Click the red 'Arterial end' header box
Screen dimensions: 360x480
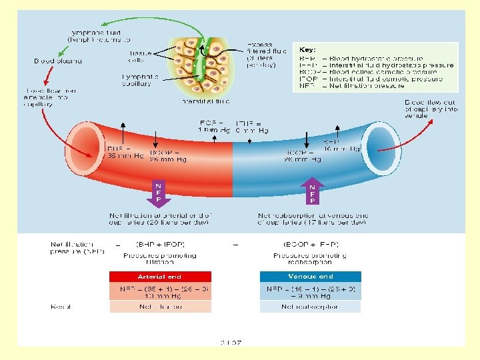click(160, 277)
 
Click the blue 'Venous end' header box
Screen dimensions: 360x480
click(310, 277)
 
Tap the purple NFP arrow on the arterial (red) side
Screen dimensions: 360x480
click(159, 191)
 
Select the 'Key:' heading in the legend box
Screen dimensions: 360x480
click(307, 49)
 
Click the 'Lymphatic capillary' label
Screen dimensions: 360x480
click(140, 81)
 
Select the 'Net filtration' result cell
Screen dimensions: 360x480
click(160, 307)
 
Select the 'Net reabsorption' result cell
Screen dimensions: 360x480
click(310, 307)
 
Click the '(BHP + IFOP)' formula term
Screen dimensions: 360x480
click(158, 245)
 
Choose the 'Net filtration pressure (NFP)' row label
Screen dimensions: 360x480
click(73, 248)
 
